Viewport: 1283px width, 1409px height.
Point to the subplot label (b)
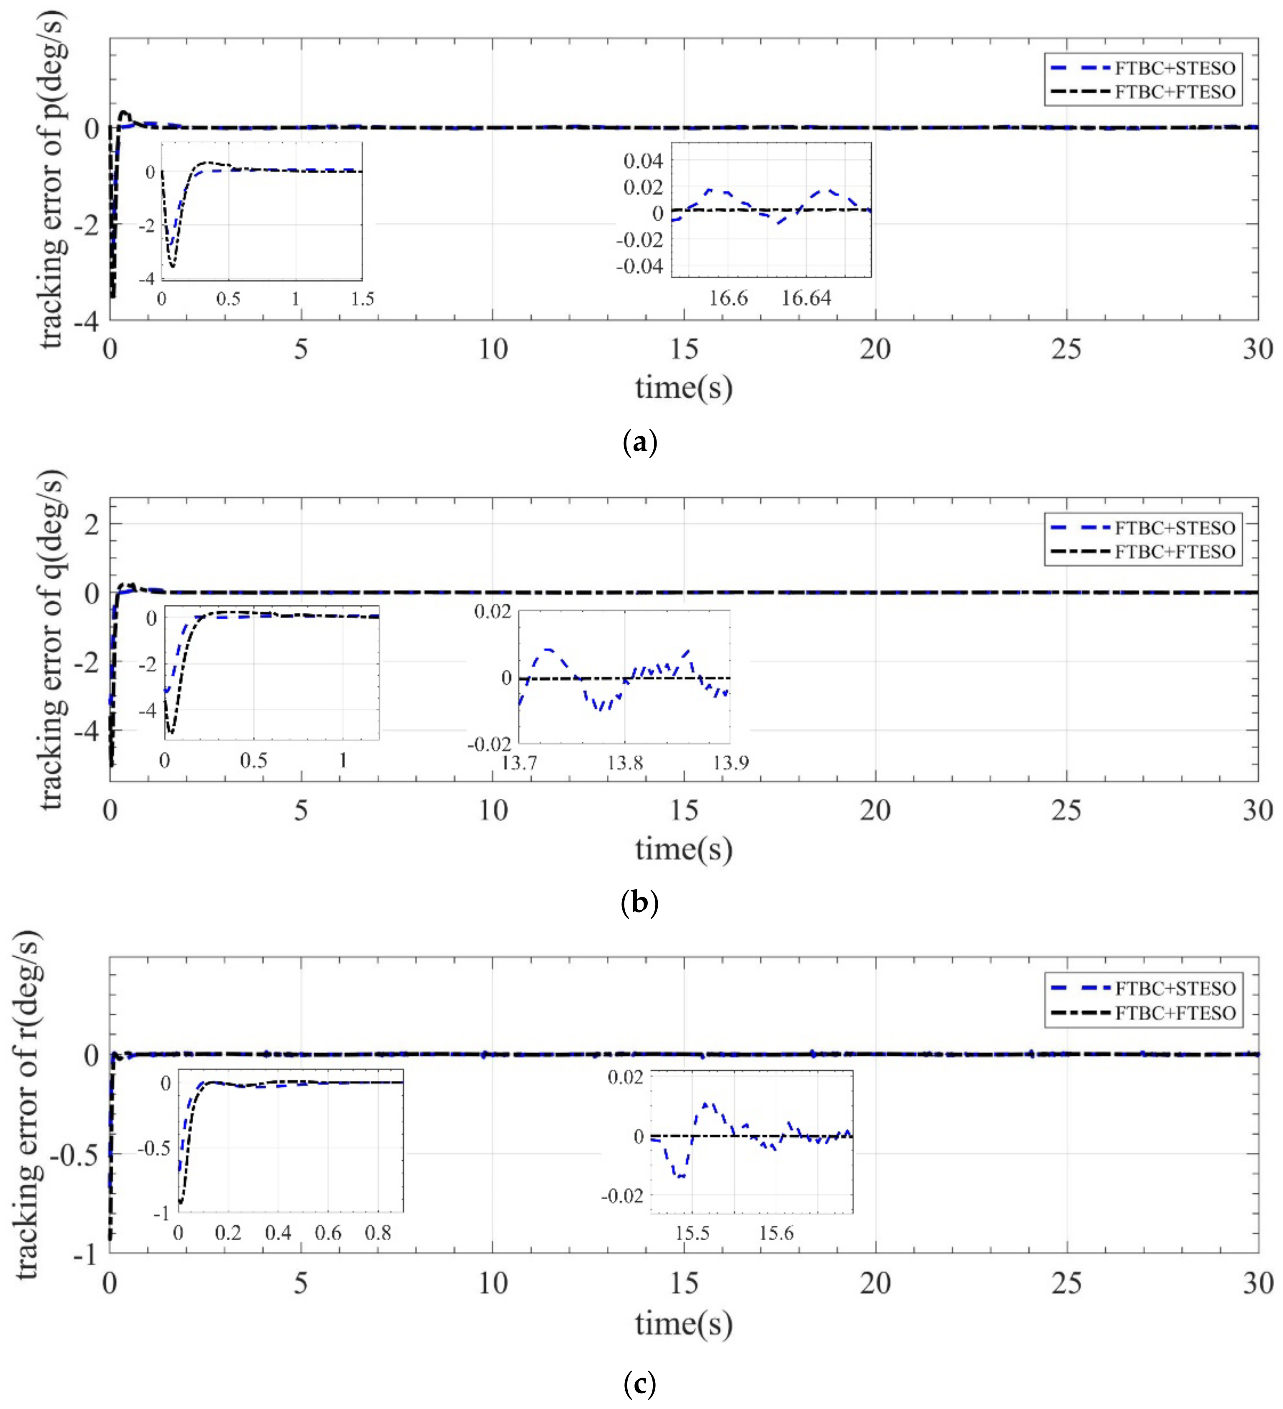coord(639,904)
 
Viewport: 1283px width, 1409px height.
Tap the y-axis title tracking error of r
coord(28,1104)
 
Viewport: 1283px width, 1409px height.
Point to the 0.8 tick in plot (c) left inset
coord(377,1233)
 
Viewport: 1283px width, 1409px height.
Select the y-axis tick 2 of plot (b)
coord(92,524)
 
